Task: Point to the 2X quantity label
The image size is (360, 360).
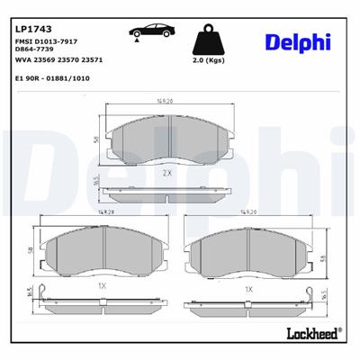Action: click(166, 172)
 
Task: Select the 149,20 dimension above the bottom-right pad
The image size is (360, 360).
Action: click(247, 213)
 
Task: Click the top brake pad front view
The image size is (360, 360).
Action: click(167, 139)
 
